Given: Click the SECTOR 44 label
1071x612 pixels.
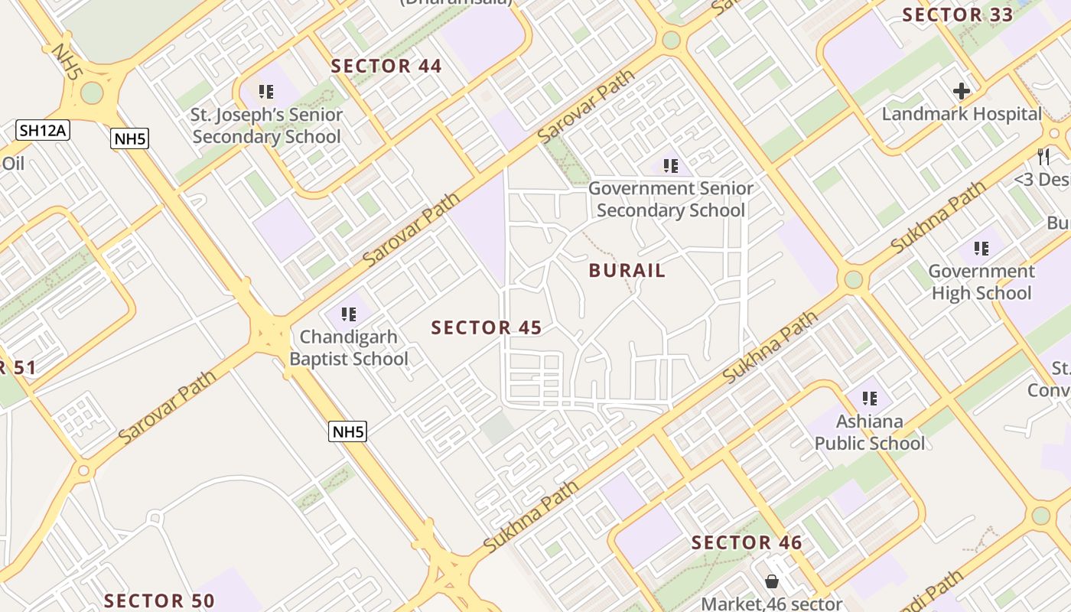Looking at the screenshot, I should [386, 67].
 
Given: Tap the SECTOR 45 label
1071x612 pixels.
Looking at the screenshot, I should [487, 328].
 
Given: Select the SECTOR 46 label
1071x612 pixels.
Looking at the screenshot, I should [747, 543].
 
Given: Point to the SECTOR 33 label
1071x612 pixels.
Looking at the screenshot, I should [958, 15].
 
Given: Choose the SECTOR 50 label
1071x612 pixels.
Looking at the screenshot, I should [159, 601].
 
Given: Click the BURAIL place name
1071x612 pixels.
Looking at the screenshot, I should [627, 271].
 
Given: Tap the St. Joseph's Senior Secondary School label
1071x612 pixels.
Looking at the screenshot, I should [266, 126].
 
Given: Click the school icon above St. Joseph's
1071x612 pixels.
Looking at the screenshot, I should [266, 93].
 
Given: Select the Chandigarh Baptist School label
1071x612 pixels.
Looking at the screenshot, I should [349, 348].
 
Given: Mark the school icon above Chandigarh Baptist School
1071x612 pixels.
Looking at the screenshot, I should [349, 314].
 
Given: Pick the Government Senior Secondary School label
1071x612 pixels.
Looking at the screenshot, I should [671, 199].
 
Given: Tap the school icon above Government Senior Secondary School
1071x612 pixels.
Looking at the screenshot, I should [671, 165].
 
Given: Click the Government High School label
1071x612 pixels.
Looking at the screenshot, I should [981, 282].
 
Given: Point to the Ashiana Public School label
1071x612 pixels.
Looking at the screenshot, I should [870, 432].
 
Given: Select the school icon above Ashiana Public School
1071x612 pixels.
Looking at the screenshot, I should [870, 399].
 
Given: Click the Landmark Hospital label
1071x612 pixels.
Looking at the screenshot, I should [962, 115].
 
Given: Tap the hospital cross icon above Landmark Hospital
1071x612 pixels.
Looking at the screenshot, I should [962, 92].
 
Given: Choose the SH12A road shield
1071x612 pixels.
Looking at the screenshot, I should [43, 130].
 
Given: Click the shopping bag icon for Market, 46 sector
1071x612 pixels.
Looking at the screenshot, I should [772, 581].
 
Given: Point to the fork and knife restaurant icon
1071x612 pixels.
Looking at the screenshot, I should [1043, 157].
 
